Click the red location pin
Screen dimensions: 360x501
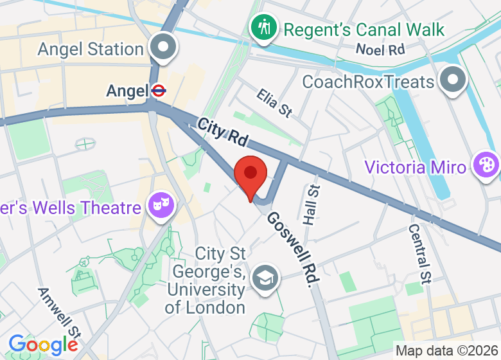251,174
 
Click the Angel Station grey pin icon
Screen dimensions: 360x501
163,49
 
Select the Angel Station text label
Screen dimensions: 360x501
91,49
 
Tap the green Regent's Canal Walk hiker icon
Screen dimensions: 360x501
264,28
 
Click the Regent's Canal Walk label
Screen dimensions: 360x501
364,30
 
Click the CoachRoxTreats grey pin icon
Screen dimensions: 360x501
454,82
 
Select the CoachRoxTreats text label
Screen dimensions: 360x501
369,82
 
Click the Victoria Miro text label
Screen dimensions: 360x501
415,167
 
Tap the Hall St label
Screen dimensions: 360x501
312,204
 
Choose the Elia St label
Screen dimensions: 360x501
274,103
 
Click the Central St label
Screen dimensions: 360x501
418,253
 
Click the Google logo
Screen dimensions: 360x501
43,345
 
